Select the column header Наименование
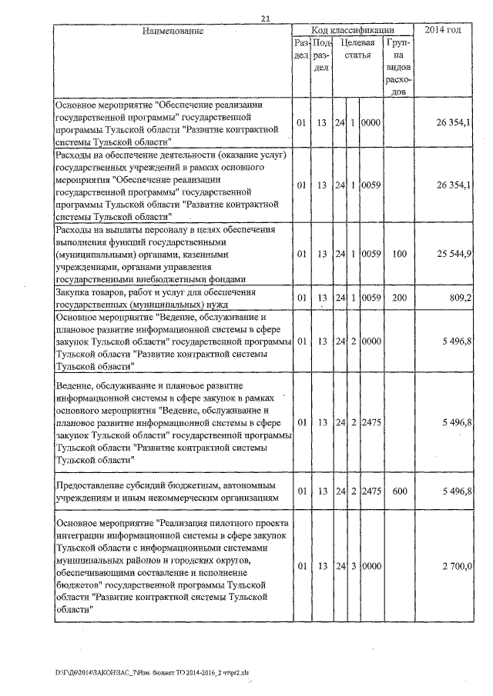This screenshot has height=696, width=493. [172, 31]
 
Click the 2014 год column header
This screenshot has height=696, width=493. [444, 30]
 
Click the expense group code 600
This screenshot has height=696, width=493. [398, 490]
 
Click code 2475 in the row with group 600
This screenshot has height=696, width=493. [372, 490]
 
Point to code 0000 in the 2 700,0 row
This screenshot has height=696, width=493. [372, 566]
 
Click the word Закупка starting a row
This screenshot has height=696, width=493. [76, 292]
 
